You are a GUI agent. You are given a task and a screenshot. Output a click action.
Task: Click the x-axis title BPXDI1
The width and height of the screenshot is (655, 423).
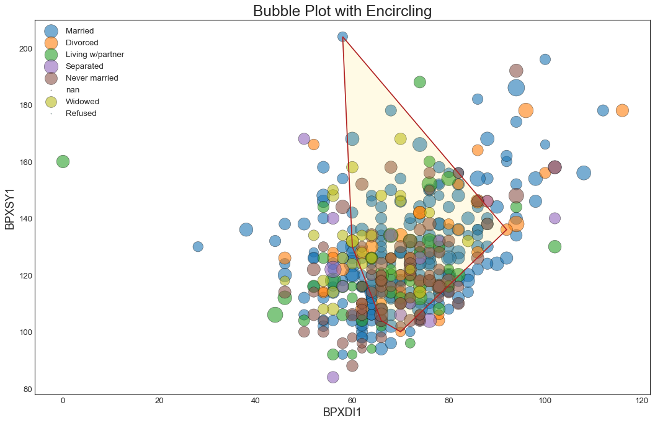click(342, 412)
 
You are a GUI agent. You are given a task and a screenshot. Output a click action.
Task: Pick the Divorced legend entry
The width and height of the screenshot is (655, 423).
click(82, 43)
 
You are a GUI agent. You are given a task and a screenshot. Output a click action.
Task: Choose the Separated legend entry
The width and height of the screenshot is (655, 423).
click(84, 66)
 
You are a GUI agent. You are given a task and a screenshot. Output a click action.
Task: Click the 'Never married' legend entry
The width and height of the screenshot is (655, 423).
click(91, 78)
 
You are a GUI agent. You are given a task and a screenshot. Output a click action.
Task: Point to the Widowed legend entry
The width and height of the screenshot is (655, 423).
click(82, 102)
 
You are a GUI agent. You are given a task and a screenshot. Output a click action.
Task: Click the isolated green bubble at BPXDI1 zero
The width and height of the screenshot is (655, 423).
click(63, 161)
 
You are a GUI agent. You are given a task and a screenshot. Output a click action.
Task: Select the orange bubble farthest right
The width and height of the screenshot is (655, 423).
click(622, 110)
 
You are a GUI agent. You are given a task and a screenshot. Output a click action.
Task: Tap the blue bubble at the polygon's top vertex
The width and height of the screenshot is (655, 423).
click(342, 37)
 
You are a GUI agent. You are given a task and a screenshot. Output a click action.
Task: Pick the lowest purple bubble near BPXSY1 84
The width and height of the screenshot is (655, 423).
click(333, 377)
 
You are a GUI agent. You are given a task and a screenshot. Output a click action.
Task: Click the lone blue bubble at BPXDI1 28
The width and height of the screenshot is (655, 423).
click(198, 246)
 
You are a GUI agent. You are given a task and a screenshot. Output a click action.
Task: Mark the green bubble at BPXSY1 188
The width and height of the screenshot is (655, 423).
click(420, 82)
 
